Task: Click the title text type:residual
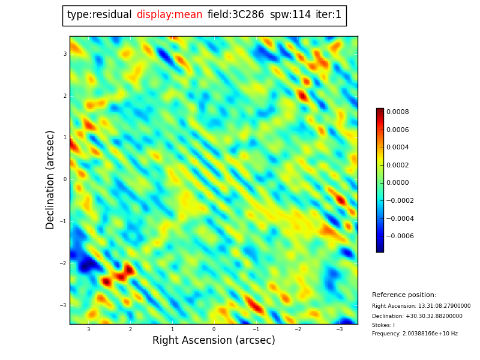point(99,15)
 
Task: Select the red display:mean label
point(169,15)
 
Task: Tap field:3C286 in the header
point(236,15)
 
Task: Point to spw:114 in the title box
point(290,15)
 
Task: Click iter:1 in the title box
point(328,15)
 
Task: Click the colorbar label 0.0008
point(397,112)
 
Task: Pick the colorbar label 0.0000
point(397,183)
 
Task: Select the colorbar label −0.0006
point(400,236)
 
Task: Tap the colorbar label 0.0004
point(397,148)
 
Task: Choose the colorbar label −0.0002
point(400,201)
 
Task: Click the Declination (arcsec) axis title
point(50,179)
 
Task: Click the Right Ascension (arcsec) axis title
point(214,341)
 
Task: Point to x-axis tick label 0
point(214,329)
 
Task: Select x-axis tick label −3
point(339,329)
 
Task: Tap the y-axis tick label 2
point(65,96)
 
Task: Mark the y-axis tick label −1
point(63,221)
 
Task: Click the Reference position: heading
point(404,295)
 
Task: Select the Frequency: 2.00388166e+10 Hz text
point(415,334)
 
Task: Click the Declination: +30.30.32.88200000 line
point(417,316)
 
